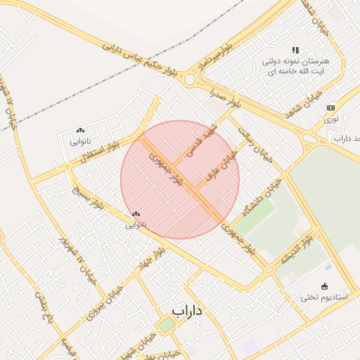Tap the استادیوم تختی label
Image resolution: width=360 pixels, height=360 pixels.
click(x=324, y=297)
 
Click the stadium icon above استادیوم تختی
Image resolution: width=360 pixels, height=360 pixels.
click(x=324, y=285)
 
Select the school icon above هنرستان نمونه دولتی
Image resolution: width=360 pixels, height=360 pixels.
click(x=295, y=50)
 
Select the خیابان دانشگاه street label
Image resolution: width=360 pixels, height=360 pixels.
click(x=262, y=197)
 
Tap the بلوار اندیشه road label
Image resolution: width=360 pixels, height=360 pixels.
click(x=297, y=251)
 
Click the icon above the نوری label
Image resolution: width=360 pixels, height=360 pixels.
click(x=330, y=108)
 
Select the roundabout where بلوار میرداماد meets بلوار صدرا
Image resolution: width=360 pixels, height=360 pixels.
click(x=190, y=79)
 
